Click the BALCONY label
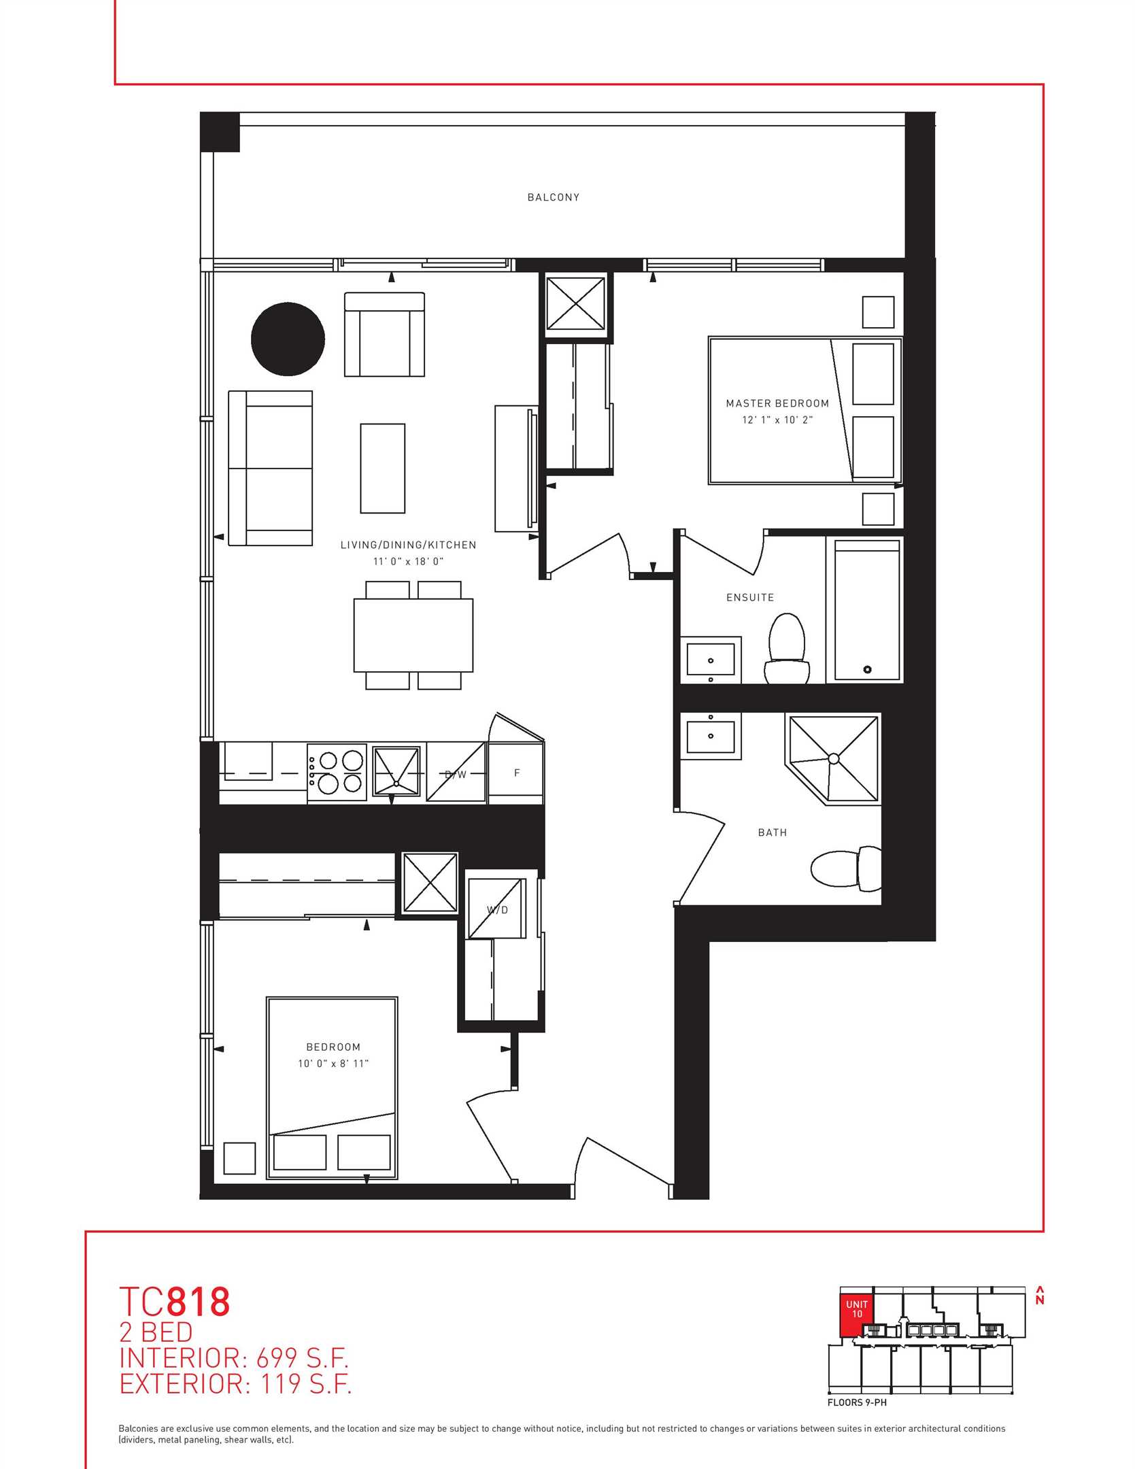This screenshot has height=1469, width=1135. tap(554, 197)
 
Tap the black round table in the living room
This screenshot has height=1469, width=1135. tap(288, 339)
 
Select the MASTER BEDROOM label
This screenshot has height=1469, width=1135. tap(777, 403)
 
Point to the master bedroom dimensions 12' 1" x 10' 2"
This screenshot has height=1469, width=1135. tap(777, 420)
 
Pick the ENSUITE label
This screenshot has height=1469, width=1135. tap(750, 597)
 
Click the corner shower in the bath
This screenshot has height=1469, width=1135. tap(832, 759)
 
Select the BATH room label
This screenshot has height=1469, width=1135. tap(773, 832)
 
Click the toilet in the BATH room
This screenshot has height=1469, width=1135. tap(846, 869)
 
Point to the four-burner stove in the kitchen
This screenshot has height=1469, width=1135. tap(337, 773)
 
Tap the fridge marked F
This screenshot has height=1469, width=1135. tap(516, 773)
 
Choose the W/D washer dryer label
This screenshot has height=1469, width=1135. tap(497, 910)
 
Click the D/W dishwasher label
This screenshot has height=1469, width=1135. tap(456, 775)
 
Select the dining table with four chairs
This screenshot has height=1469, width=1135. tap(413, 635)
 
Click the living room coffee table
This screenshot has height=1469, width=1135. tap(383, 468)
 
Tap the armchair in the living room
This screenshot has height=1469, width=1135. tap(385, 335)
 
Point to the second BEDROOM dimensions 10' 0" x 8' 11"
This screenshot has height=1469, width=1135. tap(333, 1064)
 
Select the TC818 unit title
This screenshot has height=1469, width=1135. tap(175, 1302)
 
